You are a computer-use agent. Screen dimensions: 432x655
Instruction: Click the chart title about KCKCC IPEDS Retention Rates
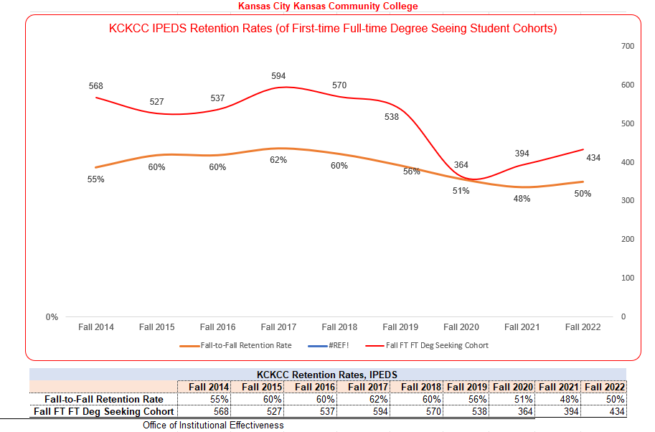(x=333, y=29)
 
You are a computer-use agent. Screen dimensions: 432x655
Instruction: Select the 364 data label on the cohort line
(x=461, y=166)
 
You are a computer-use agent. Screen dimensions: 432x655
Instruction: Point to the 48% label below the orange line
(x=522, y=199)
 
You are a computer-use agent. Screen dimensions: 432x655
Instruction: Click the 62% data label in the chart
(x=278, y=160)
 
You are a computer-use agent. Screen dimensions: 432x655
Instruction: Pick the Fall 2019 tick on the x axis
(x=400, y=327)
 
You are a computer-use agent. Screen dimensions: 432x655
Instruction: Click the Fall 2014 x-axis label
(x=95, y=327)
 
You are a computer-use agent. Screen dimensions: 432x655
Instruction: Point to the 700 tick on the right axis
(x=627, y=46)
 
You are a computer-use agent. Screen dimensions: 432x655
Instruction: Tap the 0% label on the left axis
(x=52, y=317)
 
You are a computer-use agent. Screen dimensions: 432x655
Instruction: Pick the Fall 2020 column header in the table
(x=514, y=387)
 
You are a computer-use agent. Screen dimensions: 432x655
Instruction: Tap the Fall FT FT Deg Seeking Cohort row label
(x=104, y=412)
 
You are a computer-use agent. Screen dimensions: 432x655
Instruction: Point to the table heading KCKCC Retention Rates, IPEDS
(x=327, y=375)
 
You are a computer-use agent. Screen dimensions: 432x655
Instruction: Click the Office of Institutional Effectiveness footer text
(x=213, y=426)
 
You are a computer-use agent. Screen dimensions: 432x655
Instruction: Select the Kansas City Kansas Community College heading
(x=328, y=6)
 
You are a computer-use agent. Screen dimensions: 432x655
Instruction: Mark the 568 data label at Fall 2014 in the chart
(x=96, y=86)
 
